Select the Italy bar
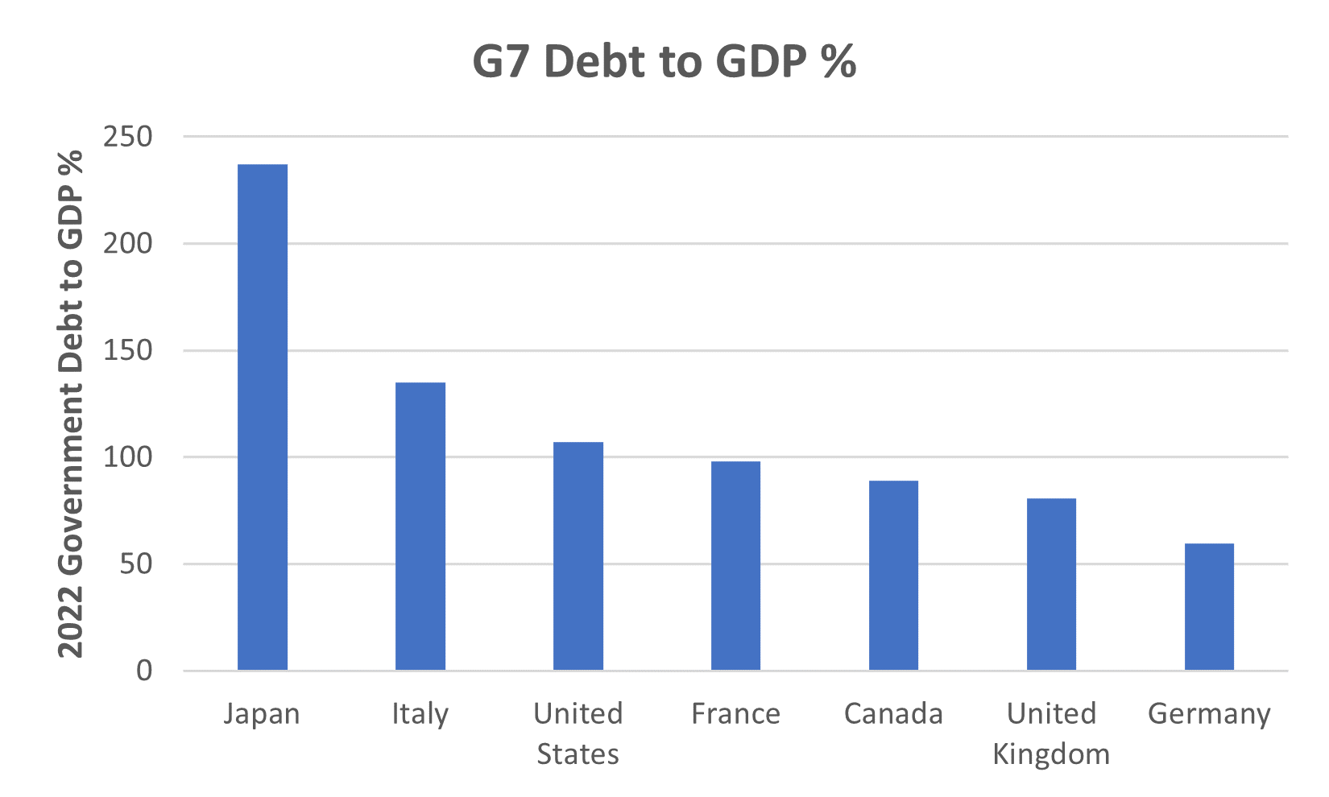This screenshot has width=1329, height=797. click(x=420, y=527)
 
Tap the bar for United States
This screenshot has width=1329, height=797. click(x=578, y=556)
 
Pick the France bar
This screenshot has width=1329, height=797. click(x=735, y=566)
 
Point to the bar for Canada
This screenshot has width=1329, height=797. click(x=893, y=576)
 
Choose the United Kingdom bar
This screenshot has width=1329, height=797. click(x=1051, y=584)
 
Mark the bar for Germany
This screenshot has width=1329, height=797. click(x=1209, y=607)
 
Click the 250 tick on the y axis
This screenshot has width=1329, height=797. click(x=128, y=137)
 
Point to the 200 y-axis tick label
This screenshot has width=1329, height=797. click(x=128, y=243)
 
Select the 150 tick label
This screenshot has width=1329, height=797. click(x=128, y=350)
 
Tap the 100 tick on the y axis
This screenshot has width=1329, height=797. click(x=128, y=457)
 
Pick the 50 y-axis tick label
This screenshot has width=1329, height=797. click(x=136, y=564)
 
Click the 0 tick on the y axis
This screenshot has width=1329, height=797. click(x=144, y=671)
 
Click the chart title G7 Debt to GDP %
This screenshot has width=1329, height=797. click(x=664, y=61)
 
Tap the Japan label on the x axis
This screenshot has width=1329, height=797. click(x=262, y=714)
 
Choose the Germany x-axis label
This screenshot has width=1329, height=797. click(x=1209, y=714)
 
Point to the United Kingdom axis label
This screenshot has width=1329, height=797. click(x=1051, y=733)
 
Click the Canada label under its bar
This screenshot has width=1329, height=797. click(x=893, y=714)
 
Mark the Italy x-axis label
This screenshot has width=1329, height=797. click(x=420, y=714)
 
